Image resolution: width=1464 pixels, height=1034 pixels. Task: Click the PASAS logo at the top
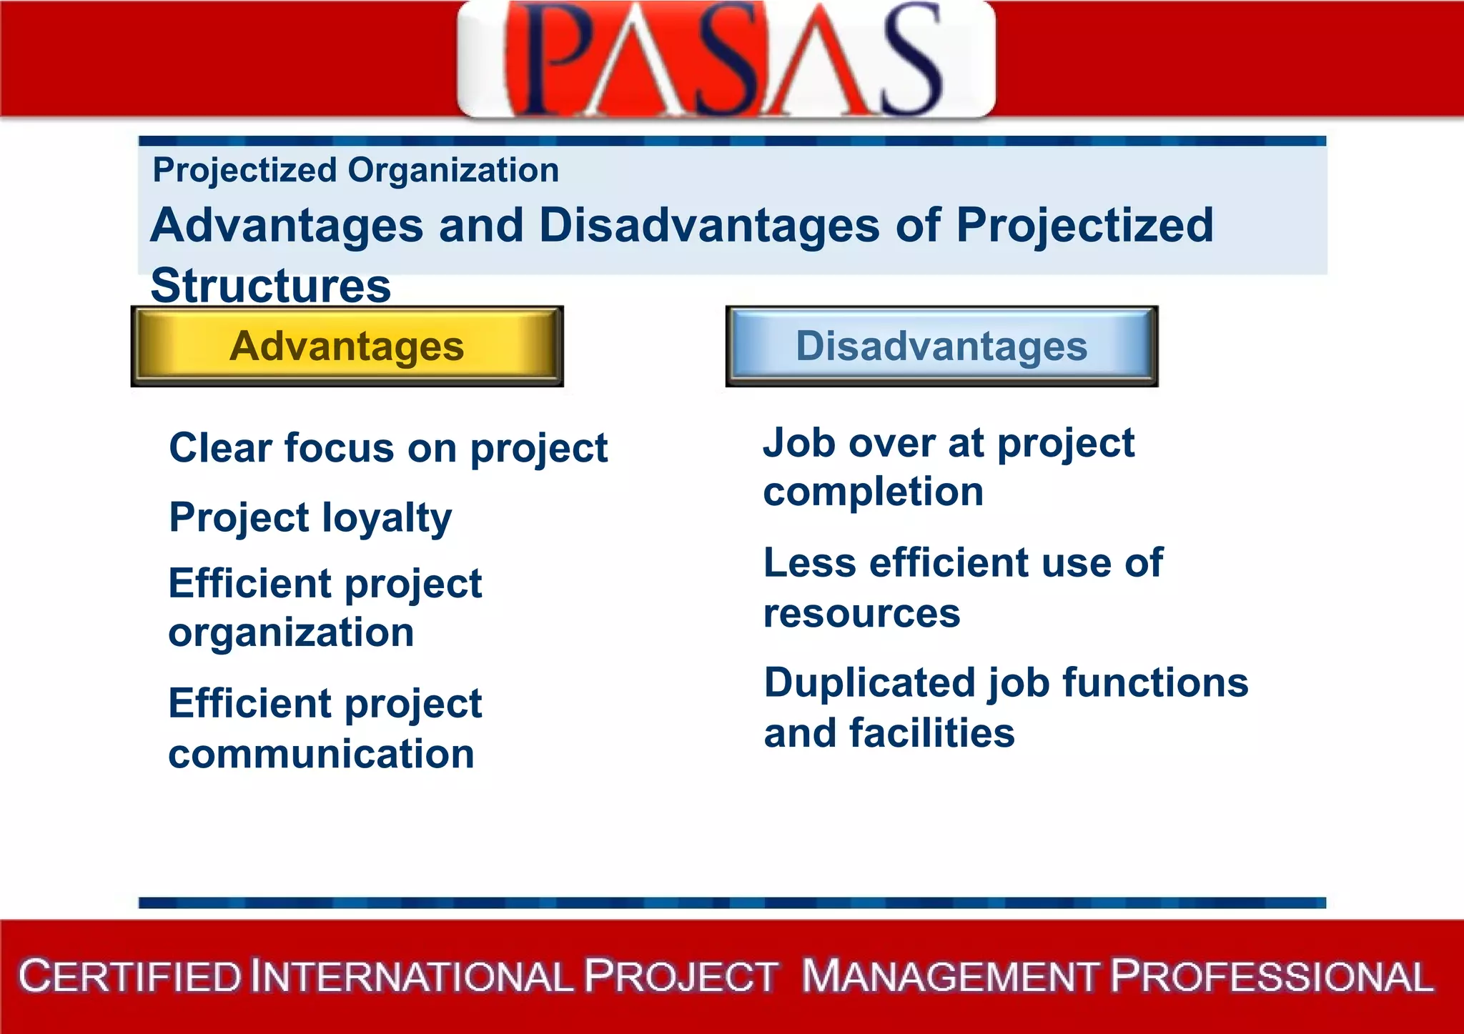(726, 59)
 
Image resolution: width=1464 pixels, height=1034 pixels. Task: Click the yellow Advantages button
(347, 347)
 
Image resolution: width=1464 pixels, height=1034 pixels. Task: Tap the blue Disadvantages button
(941, 347)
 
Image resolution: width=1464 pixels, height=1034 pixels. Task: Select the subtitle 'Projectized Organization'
(355, 171)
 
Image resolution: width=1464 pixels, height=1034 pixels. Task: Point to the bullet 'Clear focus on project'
(388, 449)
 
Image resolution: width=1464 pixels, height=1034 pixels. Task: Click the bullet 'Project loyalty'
(310, 517)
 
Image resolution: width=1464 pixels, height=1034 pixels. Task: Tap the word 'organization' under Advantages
(291, 633)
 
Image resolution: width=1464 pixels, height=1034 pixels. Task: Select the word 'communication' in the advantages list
(321, 755)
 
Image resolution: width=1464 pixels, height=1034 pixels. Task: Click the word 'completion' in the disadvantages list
(873, 492)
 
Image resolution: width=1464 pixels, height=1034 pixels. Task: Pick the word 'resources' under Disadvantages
(861, 613)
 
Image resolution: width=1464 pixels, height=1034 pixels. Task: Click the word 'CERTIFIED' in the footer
(130, 977)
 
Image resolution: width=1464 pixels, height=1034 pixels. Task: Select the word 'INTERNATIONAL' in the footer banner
(412, 977)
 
